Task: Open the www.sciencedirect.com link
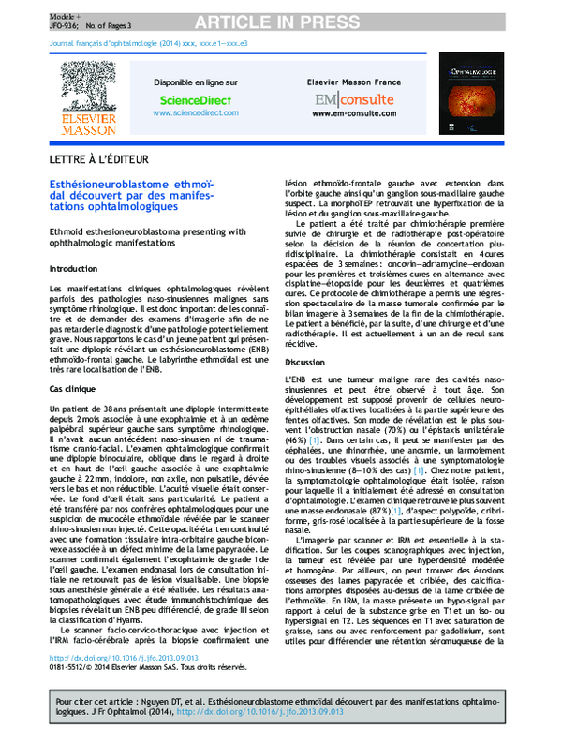coord(195,112)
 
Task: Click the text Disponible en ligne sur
coord(195,82)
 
